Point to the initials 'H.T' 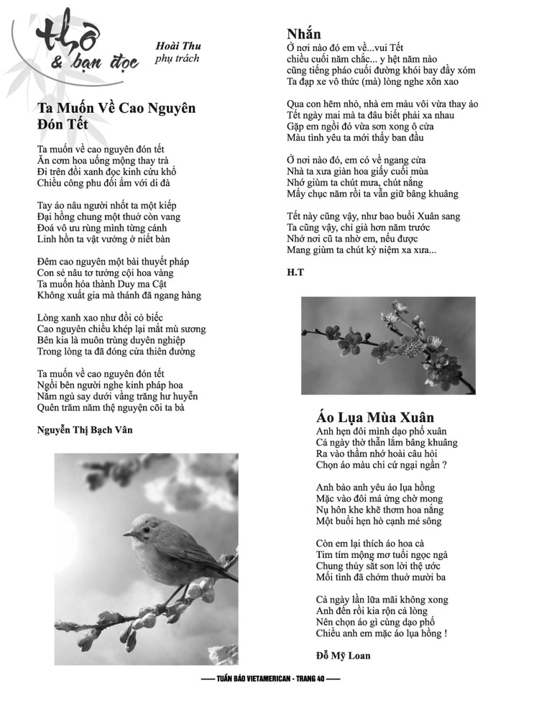click(294, 272)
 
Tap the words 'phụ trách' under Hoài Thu click(177, 58)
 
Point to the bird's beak click(126, 534)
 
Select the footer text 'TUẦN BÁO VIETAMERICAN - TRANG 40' click(269, 679)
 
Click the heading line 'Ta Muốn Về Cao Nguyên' click(116, 109)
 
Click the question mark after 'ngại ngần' click(446, 465)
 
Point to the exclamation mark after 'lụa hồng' click(446, 633)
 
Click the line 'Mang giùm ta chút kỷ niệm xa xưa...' click(361, 250)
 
